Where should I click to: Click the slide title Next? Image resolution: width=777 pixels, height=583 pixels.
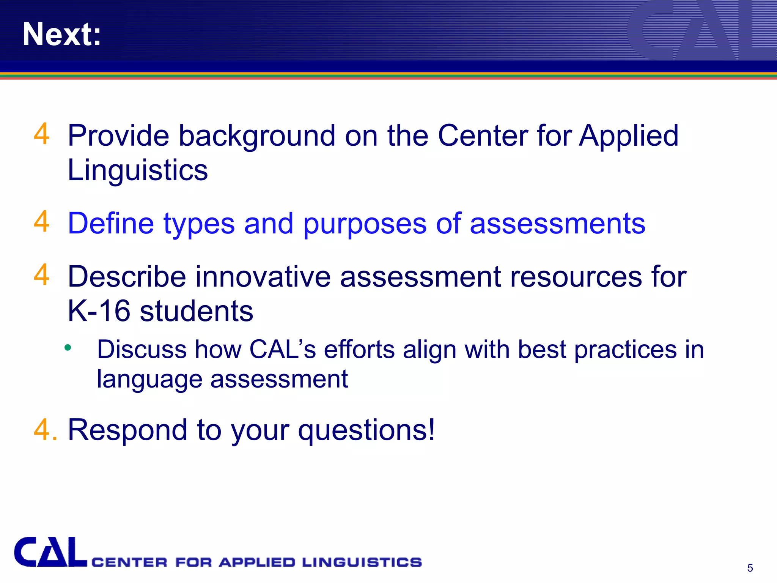pyautogui.click(x=62, y=35)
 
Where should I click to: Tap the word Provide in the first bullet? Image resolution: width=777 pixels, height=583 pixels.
pyautogui.click(x=118, y=136)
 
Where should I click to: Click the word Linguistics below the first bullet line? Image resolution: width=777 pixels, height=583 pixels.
pyautogui.click(x=138, y=170)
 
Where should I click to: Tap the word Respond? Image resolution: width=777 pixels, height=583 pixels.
pyautogui.click(x=127, y=430)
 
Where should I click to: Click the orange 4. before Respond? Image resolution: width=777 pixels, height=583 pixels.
pyautogui.click(x=45, y=430)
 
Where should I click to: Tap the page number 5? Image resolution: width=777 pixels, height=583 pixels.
pyautogui.click(x=750, y=568)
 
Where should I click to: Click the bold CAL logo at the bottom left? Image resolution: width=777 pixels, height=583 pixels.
pyautogui.click(x=50, y=552)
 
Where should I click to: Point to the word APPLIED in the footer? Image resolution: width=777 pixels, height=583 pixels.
pyautogui.click(x=257, y=562)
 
